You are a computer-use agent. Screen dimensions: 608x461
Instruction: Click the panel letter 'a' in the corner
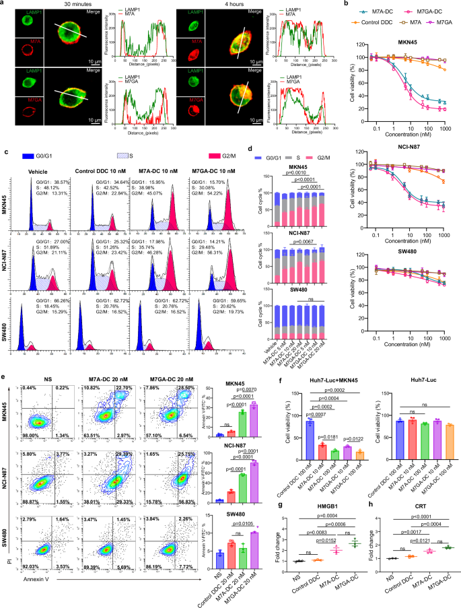click(3, 4)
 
